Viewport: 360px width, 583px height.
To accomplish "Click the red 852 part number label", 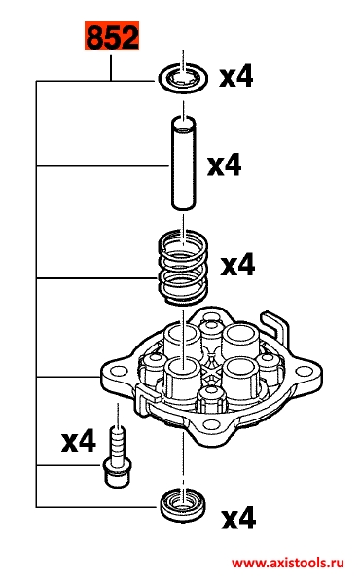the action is tap(112, 36).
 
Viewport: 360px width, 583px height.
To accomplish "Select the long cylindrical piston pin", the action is tap(183, 164).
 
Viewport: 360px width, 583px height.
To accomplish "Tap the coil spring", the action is tap(183, 267).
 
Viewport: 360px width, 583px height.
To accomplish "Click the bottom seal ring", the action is tap(183, 505).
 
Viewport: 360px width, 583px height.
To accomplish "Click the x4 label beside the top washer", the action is tap(235, 76).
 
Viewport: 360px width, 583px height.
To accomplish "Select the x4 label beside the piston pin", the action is tap(225, 165).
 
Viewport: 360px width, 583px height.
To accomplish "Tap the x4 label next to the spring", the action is tap(237, 265).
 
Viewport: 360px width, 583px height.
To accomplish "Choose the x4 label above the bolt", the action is tap(79, 440).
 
